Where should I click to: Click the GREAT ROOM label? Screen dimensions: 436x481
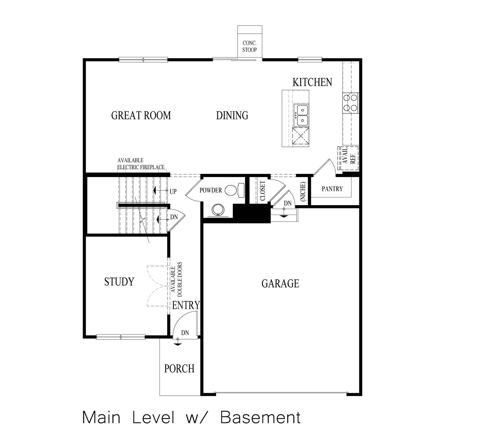point(141,116)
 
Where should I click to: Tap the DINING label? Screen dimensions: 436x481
point(232,116)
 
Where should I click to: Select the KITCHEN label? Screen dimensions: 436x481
point(312,82)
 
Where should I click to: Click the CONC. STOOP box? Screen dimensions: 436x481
point(250,42)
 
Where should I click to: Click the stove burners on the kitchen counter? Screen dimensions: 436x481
point(351,103)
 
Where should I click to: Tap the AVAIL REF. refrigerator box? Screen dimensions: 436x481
point(348,155)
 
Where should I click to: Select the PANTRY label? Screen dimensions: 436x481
point(332,189)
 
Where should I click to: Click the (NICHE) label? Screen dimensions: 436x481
point(303,191)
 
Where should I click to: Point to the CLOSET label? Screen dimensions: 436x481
point(262,191)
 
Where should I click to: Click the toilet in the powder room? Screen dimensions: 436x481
point(233,190)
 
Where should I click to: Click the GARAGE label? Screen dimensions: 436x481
point(280,283)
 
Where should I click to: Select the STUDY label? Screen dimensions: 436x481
point(119,282)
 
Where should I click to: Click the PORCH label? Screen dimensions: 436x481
point(179,369)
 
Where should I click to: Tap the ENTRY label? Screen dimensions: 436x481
point(186,305)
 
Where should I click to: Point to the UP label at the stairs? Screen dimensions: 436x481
point(173,191)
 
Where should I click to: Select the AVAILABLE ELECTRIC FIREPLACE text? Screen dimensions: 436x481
point(141,164)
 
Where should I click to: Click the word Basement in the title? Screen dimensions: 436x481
point(260,418)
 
